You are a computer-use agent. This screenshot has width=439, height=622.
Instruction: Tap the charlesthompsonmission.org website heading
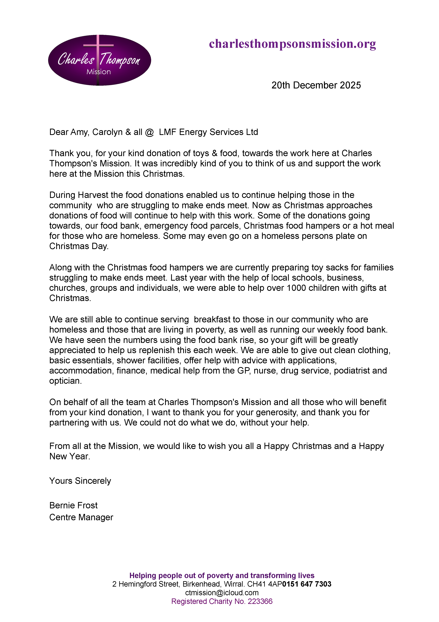click(x=292, y=44)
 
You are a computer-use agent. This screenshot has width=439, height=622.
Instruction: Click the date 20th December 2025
click(x=316, y=85)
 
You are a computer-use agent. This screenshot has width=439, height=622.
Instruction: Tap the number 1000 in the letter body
click(x=296, y=288)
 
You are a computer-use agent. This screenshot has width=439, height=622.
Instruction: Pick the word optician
click(x=65, y=381)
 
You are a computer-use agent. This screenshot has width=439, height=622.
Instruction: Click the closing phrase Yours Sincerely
click(x=80, y=481)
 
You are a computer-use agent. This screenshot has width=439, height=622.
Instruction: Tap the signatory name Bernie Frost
click(x=73, y=506)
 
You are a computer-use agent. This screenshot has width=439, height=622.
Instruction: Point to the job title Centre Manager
click(x=81, y=517)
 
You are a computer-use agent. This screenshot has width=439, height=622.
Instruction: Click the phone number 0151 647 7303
click(x=307, y=584)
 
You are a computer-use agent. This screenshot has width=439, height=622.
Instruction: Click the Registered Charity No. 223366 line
click(x=222, y=601)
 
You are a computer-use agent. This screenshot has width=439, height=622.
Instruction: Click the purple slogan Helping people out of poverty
click(x=222, y=575)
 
